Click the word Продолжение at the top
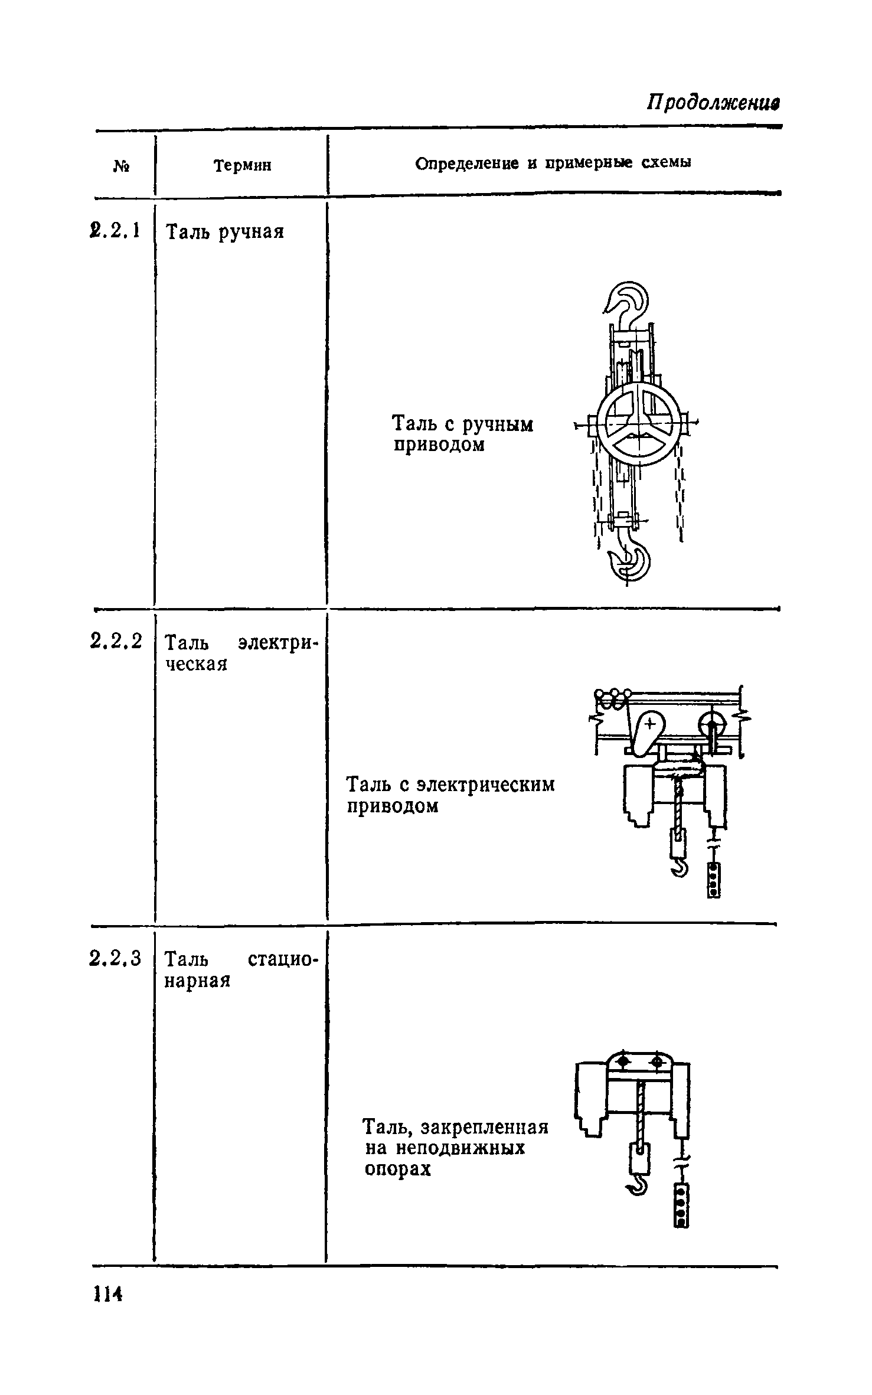click(714, 102)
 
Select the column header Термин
click(243, 166)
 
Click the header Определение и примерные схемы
click(553, 164)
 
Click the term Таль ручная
click(225, 232)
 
